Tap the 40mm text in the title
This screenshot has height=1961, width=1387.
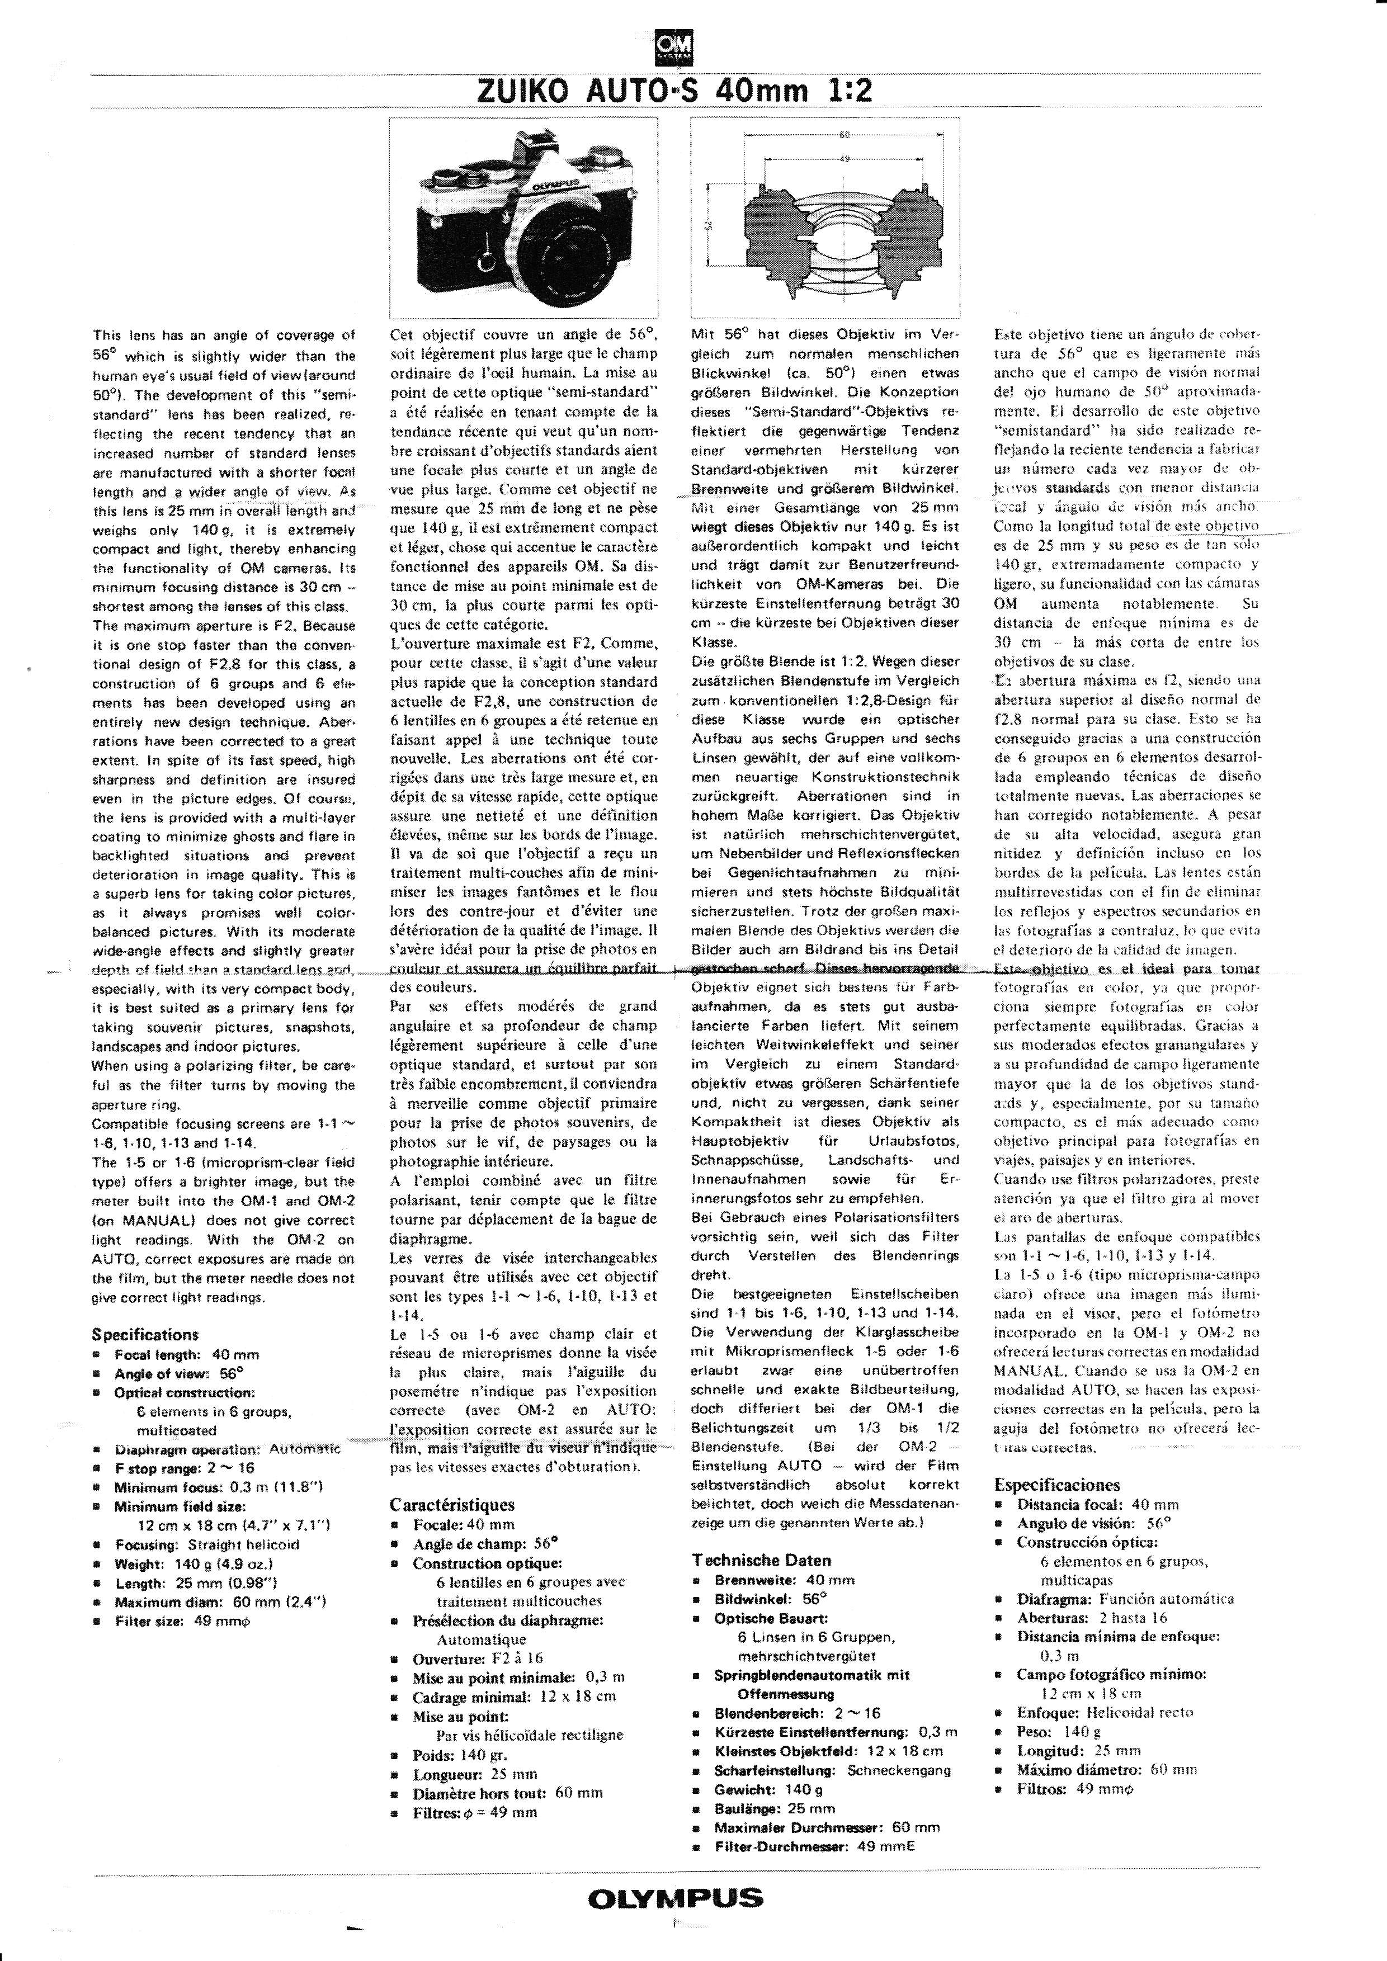tap(763, 91)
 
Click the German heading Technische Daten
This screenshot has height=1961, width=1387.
tap(761, 1560)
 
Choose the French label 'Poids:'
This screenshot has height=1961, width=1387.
tap(433, 1755)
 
